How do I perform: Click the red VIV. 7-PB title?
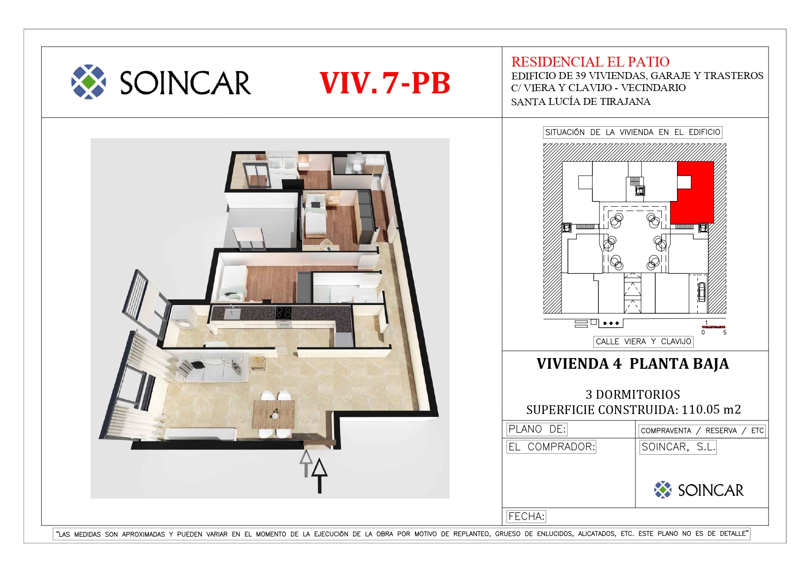pos(384,83)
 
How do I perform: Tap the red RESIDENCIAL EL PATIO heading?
pos(590,61)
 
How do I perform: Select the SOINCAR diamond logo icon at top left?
pos(89,82)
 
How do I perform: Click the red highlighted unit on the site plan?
pos(692,192)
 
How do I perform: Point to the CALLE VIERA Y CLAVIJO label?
pos(643,341)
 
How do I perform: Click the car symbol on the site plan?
pos(701,292)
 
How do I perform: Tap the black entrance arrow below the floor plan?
pos(319,475)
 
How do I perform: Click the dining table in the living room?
pos(273,414)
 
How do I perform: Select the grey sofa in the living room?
pos(212,367)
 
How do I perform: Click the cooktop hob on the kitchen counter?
pos(283,312)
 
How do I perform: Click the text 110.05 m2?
pos(711,409)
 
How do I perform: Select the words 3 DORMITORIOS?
pos(633,395)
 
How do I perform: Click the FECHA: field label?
pos(526,516)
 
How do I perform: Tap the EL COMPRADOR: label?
pos(551,447)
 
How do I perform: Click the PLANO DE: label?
pos(537,429)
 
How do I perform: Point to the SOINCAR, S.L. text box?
pos(678,447)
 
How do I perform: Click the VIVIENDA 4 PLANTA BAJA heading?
pos(633,364)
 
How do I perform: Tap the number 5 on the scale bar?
pos(725,332)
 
